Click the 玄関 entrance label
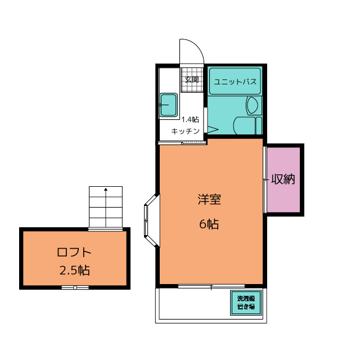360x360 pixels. pyautogui.click(x=192, y=80)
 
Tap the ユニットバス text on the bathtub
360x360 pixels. pyautogui.click(x=235, y=82)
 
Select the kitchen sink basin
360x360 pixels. pyautogui.click(x=169, y=105)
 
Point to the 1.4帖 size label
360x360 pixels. pyautogui.click(x=190, y=119)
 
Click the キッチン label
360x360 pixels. pyautogui.click(x=185, y=131)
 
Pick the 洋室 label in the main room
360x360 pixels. pyautogui.click(x=209, y=199)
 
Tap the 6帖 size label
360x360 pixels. pyautogui.click(x=209, y=224)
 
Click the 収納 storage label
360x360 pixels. pyautogui.click(x=283, y=179)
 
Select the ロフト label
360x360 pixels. pyautogui.click(x=74, y=253)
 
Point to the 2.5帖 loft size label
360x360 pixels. pyautogui.click(x=75, y=270)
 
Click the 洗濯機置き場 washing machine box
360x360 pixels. pyautogui.click(x=246, y=303)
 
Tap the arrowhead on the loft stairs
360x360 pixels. pyautogui.click(x=106, y=190)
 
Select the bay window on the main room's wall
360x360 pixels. pyautogui.click(x=152, y=220)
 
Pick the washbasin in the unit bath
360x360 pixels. pyautogui.click(x=253, y=106)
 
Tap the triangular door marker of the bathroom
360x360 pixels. pyautogui.click(x=213, y=129)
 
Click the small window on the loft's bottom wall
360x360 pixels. pyautogui.click(x=75, y=287)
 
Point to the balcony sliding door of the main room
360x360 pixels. pyautogui.click(x=211, y=286)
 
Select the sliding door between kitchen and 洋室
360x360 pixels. pyautogui.click(x=183, y=143)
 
